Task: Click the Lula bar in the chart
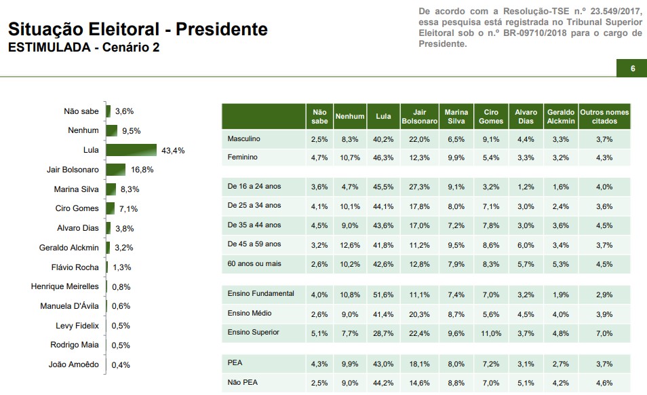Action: click(132, 150)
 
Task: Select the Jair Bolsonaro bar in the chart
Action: click(115, 170)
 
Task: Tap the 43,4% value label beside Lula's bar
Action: click(173, 150)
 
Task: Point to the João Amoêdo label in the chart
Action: click(74, 364)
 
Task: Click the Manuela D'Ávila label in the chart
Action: click(68, 305)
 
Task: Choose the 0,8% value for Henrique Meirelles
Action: click(121, 286)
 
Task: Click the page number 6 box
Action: click(632, 69)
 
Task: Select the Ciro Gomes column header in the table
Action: click(492, 117)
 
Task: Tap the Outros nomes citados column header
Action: click(604, 117)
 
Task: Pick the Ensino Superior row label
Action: click(254, 333)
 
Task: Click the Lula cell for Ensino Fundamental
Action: click(383, 295)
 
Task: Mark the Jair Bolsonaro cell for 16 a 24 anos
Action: click(419, 187)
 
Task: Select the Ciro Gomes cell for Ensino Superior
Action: click(491, 333)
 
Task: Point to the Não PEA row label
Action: click(242, 383)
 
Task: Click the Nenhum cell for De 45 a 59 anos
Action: click(350, 244)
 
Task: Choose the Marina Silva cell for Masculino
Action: click(456, 139)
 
